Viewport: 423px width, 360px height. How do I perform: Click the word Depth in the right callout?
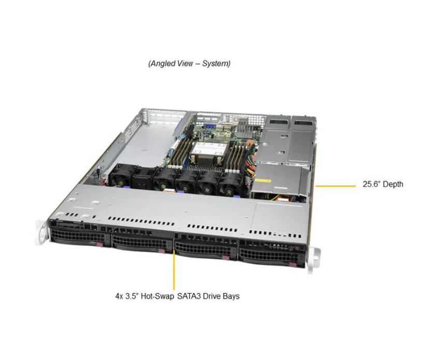[x=391, y=184]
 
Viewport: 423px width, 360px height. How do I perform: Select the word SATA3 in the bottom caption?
[x=187, y=297]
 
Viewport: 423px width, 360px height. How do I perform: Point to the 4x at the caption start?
[x=119, y=297]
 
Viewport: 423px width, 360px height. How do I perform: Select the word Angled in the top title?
[x=162, y=63]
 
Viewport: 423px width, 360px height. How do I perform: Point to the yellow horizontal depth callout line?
[x=335, y=185]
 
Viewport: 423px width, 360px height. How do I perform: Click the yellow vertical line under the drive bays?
[x=174, y=270]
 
